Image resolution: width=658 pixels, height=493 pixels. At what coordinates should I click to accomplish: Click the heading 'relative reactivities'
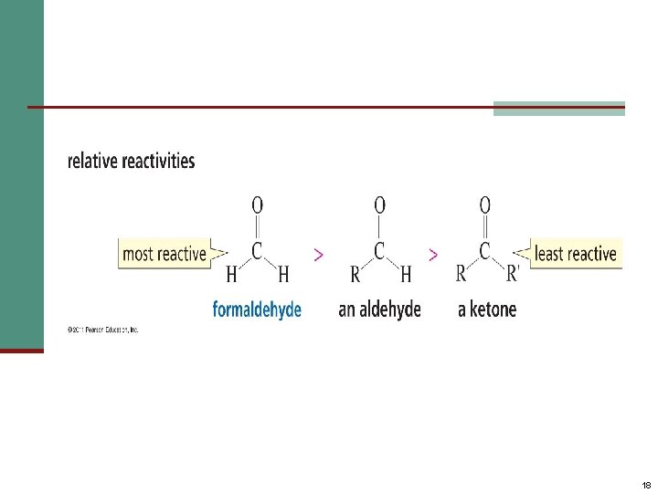tap(131, 162)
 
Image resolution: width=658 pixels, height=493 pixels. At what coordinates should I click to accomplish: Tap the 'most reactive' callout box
tap(164, 254)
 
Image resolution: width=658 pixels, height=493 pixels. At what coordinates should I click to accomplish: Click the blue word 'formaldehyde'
tap(257, 309)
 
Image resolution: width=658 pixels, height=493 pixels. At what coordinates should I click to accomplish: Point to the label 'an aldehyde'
tap(379, 309)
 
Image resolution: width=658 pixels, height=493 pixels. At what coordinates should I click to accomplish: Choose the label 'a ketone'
tap(487, 309)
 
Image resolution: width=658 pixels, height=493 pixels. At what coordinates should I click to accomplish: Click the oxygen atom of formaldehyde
tap(257, 205)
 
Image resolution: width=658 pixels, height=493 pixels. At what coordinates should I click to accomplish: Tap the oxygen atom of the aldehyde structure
tap(379, 205)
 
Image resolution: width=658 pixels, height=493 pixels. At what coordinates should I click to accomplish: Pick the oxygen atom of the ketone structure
tap(485, 205)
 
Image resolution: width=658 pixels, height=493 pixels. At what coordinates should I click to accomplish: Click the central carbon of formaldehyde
tap(257, 248)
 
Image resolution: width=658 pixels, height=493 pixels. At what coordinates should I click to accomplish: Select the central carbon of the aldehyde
tap(379, 248)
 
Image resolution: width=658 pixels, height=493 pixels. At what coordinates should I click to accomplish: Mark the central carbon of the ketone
tap(485, 248)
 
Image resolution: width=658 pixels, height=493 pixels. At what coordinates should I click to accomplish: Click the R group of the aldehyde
tap(354, 273)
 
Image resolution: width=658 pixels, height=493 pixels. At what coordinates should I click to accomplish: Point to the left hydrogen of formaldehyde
tap(231, 273)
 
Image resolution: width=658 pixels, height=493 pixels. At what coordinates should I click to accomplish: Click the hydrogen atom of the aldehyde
tap(405, 273)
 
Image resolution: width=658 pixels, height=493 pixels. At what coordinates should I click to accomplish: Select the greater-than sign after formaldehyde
tap(317, 255)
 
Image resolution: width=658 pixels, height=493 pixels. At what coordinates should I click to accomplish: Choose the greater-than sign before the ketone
tap(432, 255)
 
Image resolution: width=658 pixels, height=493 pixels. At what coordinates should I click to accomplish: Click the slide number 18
tap(646, 485)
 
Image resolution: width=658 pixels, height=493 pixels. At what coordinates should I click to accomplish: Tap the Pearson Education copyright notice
tap(101, 330)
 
